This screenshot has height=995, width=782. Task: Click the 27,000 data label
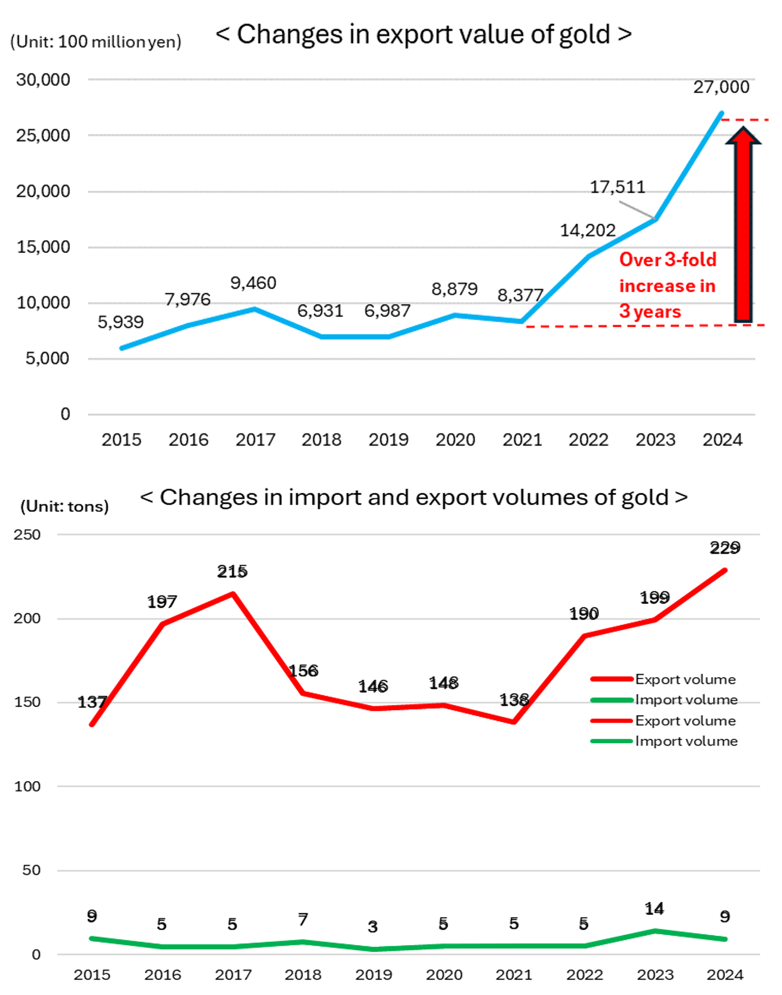pyautogui.click(x=721, y=87)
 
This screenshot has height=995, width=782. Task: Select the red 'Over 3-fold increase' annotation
pyautogui.click(x=667, y=285)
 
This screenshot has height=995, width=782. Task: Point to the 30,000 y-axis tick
pyautogui.click(x=43, y=80)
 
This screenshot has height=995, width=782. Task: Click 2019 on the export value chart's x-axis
pyautogui.click(x=388, y=440)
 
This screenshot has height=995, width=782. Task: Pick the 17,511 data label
pyautogui.click(x=617, y=187)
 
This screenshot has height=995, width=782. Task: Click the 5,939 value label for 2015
pyautogui.click(x=121, y=322)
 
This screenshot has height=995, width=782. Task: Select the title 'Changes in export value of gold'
pyautogui.click(x=423, y=35)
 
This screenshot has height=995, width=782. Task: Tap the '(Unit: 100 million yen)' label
pyautogui.click(x=96, y=42)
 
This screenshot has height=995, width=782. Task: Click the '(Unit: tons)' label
pyautogui.click(x=64, y=507)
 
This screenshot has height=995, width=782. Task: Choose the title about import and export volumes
pyautogui.click(x=414, y=498)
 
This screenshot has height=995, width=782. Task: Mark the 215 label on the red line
pyautogui.click(x=232, y=571)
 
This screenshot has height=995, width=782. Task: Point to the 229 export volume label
pyautogui.click(x=725, y=548)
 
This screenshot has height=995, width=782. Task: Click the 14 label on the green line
pyautogui.click(x=654, y=909)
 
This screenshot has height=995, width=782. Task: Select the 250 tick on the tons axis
pyautogui.click(x=27, y=534)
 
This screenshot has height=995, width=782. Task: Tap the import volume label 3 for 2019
pyautogui.click(x=373, y=927)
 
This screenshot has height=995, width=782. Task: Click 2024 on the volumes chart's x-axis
pyautogui.click(x=725, y=974)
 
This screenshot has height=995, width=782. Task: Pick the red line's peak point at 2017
pyautogui.click(x=233, y=594)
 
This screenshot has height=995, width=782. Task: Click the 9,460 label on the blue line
pyautogui.click(x=253, y=283)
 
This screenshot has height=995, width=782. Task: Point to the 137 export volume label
pyautogui.click(x=92, y=702)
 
